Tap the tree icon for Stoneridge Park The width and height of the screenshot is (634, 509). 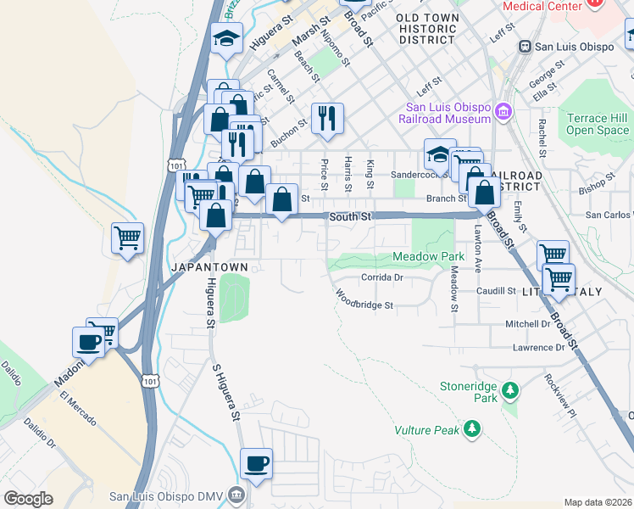pos(510,390)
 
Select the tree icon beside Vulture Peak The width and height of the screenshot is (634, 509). pos(473,430)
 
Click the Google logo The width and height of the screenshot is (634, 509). pos(28,499)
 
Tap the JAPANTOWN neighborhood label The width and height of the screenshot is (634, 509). pos(210,267)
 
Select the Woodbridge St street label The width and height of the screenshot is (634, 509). pos(365,301)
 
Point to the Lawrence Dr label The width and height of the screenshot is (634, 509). pos(538,348)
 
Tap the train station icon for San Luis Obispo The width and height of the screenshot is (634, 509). pos(526,47)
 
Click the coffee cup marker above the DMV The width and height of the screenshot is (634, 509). pos(256,463)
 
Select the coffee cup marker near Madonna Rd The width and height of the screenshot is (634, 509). pos(89,341)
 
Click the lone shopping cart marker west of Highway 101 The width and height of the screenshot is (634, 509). pos(127,238)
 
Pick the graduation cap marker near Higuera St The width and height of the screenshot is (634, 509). pos(226,38)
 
